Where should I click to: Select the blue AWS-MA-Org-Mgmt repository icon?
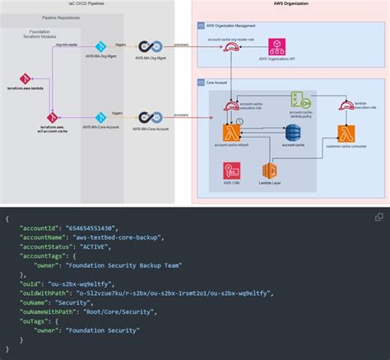click(100, 48)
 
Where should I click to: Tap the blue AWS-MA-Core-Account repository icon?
click(100, 118)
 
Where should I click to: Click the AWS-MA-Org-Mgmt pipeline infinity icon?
click(149, 48)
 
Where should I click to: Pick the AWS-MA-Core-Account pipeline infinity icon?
click(149, 118)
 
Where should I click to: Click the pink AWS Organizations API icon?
click(280, 46)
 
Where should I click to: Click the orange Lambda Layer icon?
click(269, 171)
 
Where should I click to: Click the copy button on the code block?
click(379, 217)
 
